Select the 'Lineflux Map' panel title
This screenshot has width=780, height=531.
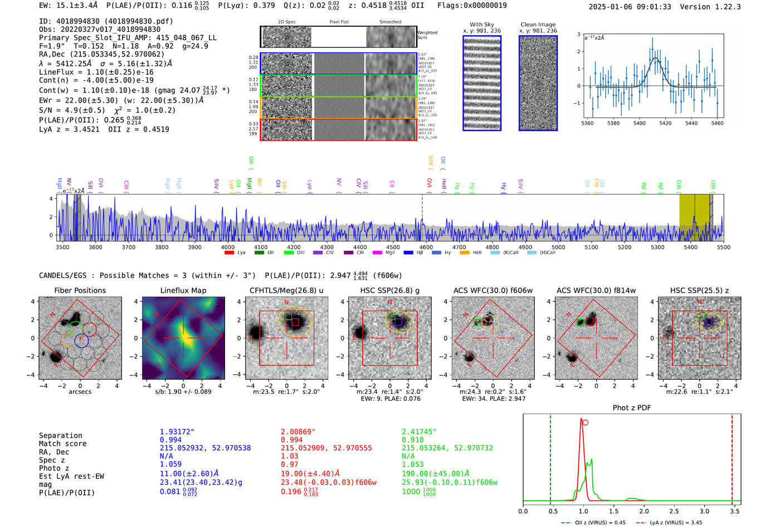coord(183,290)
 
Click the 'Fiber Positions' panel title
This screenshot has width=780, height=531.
coord(80,290)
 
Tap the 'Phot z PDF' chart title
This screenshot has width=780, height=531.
coord(631,408)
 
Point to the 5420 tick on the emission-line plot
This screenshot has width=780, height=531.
coord(665,123)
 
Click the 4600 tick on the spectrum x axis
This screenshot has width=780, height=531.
coord(426,247)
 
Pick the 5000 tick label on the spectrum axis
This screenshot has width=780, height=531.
coord(558,247)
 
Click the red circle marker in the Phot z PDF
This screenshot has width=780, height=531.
coord(585,422)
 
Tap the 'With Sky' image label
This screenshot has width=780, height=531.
coord(482,25)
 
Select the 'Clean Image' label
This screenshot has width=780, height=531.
coord(538,25)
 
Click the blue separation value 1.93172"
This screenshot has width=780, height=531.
coord(177,432)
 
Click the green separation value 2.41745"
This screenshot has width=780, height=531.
coord(419,432)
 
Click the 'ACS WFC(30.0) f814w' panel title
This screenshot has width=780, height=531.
coord(596,290)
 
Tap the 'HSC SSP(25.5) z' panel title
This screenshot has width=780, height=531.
coord(699,290)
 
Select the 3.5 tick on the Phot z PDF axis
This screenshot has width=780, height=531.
coord(735,511)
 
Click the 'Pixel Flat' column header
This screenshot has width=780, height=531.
coord(339,22)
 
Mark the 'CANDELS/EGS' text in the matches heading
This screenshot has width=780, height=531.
coord(63,276)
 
